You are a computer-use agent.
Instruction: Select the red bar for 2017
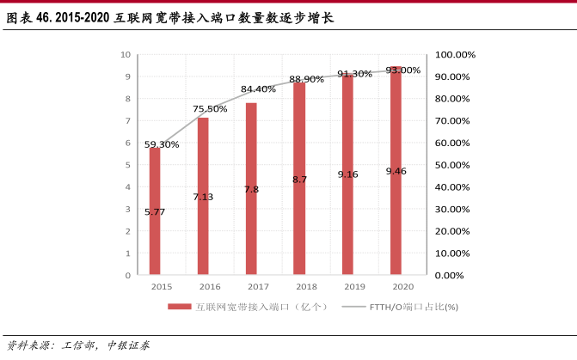pos(251,189)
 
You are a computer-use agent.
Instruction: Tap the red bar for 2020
pos(396,171)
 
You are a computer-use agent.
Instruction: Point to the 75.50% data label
pos(210,109)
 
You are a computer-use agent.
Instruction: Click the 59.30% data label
pos(162,144)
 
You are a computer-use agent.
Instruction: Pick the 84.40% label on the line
pos(258,89)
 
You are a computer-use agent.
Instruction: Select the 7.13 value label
pos(203,197)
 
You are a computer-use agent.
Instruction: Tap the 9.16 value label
pos(347,174)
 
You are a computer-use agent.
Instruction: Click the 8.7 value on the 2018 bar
pos(299,180)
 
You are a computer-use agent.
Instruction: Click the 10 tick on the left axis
pos(125,55)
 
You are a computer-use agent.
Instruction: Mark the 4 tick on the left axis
pos(127,187)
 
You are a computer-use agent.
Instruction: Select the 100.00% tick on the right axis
pos(455,55)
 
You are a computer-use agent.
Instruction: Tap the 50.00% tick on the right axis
pos(452,165)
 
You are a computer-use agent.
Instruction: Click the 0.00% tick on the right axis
pos(450,276)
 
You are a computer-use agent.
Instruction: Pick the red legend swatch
pos(179,307)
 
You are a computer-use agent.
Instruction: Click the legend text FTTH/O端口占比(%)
pos(414,307)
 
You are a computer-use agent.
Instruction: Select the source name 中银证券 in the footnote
pos(128,345)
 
